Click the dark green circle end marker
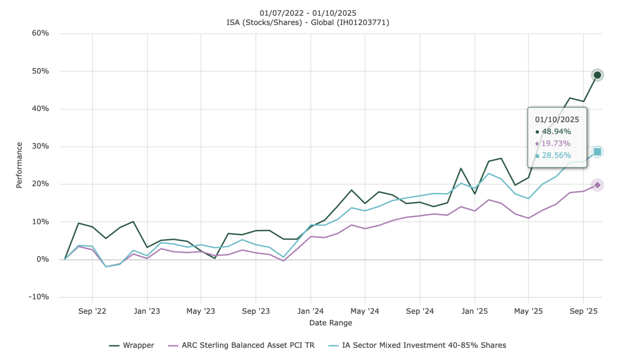pyautogui.click(x=597, y=75)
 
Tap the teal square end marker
pyautogui.click(x=597, y=152)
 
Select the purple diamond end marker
pyautogui.click(x=597, y=185)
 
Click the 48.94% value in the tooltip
pyautogui.click(x=556, y=132)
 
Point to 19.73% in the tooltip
pyautogui.click(x=556, y=143)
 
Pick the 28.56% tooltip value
pyautogui.click(x=556, y=155)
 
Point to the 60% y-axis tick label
pyautogui.click(x=40, y=33)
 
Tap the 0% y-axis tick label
pyautogui.click(x=42, y=259)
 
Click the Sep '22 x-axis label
pyautogui.click(x=92, y=311)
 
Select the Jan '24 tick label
pyautogui.click(x=310, y=311)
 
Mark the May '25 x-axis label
pyautogui.click(x=528, y=311)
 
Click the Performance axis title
pyautogui.click(x=19, y=165)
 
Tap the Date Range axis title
pyautogui.click(x=330, y=322)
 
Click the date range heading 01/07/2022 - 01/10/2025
pyautogui.click(x=307, y=13)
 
